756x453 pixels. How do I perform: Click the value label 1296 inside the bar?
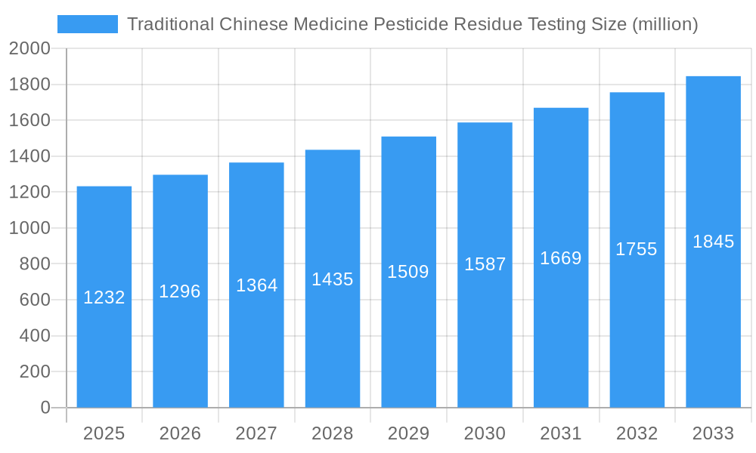(180, 291)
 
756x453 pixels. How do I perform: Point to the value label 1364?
(256, 285)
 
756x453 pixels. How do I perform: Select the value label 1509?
(408, 272)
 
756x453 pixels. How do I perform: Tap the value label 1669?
(561, 258)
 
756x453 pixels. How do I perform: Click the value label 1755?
(637, 249)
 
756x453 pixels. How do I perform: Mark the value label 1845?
(713, 242)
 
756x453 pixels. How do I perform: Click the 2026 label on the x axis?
(180, 434)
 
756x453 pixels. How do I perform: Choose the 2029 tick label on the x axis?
(408, 434)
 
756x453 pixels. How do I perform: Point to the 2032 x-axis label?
(637, 434)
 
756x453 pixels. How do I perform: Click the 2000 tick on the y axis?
(29, 49)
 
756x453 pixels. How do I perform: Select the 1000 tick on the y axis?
(29, 228)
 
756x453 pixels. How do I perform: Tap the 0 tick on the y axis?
(45, 408)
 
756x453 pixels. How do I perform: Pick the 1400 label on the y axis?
(29, 156)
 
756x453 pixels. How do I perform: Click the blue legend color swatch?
(88, 24)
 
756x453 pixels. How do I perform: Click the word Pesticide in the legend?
(410, 24)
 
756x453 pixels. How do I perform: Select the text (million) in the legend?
(665, 24)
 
